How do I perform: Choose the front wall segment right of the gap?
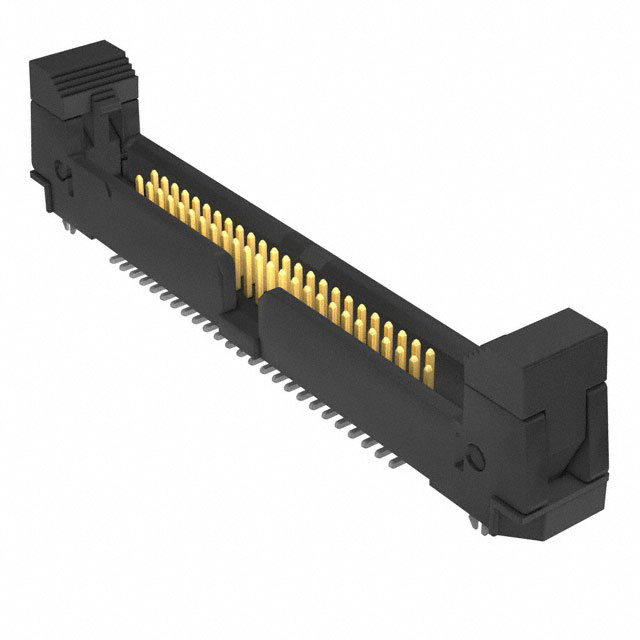(350, 360)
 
